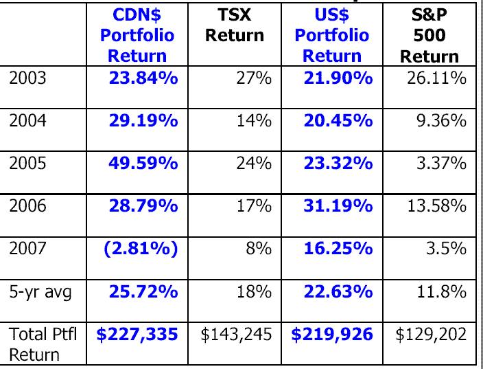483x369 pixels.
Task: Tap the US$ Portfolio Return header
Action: coord(331,35)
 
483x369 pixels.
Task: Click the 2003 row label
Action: coord(28,78)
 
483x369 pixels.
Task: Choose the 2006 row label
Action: coord(28,205)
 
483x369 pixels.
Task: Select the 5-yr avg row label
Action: coord(40,292)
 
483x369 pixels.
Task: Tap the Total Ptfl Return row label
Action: coord(43,344)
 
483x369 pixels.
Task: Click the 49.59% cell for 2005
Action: coord(143,164)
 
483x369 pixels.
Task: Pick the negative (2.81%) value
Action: coord(141,249)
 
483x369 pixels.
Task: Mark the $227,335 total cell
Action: coord(137,335)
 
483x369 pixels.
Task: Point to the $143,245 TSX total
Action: coord(236,335)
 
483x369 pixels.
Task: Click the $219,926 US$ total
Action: coord(332,335)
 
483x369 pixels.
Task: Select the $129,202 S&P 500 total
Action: coord(431,335)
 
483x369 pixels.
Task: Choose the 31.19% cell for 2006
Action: coord(338,205)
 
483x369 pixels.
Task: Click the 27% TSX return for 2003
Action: coord(254,78)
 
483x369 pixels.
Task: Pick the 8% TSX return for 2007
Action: coord(259,249)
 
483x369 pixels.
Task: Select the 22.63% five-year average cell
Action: coord(338,292)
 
